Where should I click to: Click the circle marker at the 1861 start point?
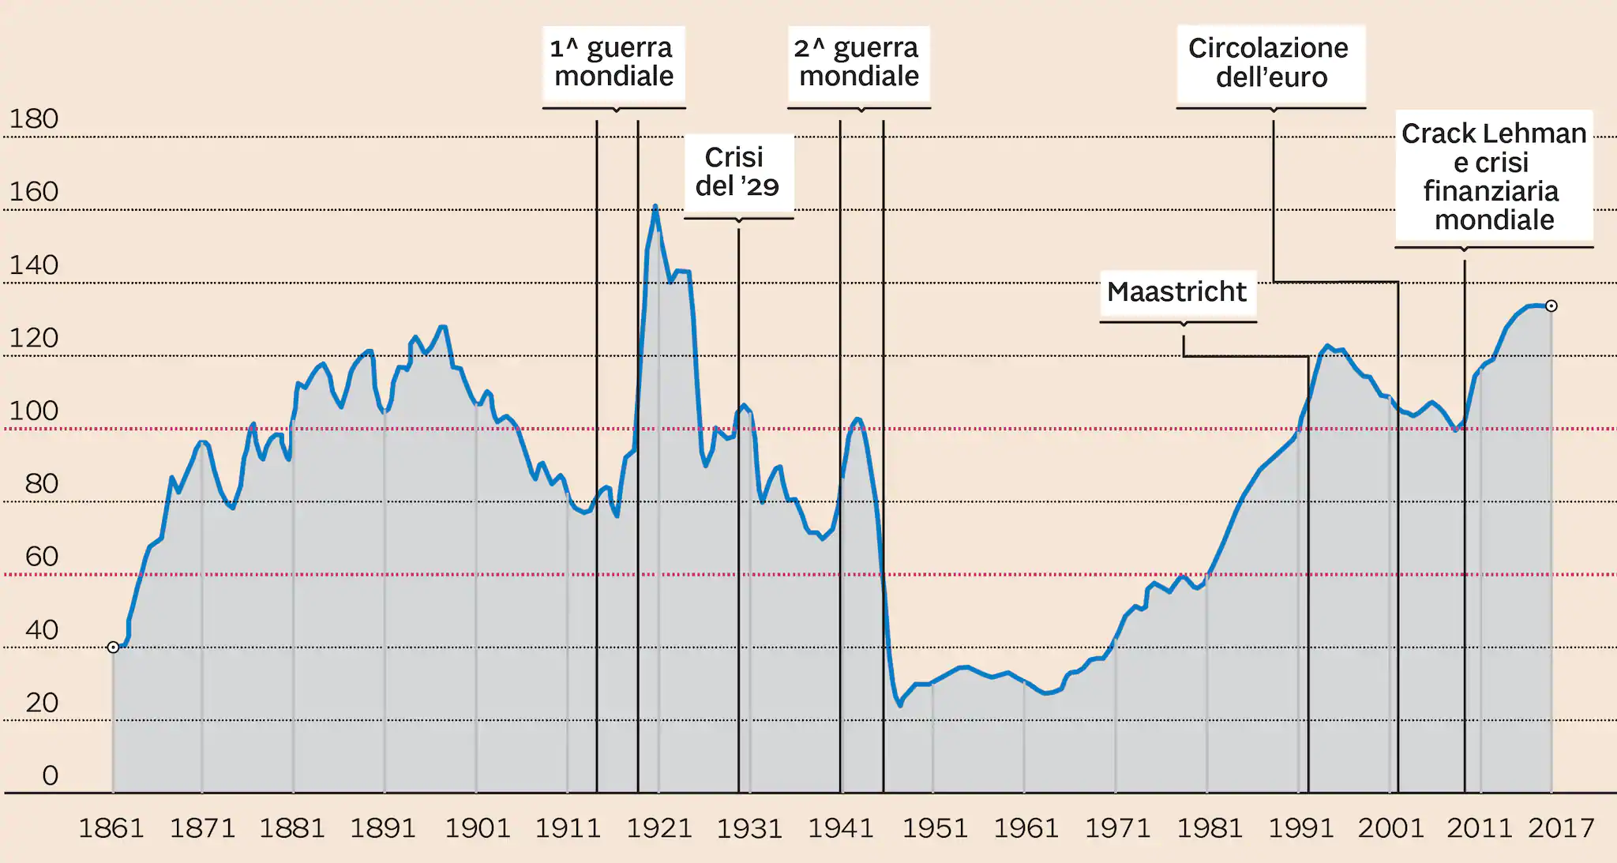point(113,647)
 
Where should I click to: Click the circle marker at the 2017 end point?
point(1551,306)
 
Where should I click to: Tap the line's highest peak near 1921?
point(655,207)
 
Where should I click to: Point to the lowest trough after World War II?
point(899,704)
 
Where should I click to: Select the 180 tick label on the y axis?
point(33,119)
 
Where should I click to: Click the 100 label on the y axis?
point(33,411)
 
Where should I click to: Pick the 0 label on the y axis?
point(50,775)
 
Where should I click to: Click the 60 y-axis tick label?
point(42,557)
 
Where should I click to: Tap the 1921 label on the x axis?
point(659,828)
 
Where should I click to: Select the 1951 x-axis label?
point(935,828)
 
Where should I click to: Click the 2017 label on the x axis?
point(1561,828)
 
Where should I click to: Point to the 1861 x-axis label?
point(111,828)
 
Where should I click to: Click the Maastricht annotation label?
point(1176,292)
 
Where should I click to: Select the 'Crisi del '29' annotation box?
point(737,172)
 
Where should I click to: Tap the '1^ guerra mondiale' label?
point(613,62)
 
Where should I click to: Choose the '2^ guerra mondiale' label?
point(858,62)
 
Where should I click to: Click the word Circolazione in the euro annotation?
point(1268,48)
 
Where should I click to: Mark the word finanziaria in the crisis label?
point(1491,191)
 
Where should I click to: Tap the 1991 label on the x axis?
point(1300,828)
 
